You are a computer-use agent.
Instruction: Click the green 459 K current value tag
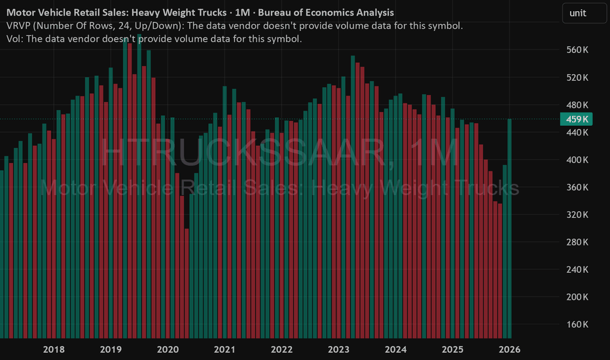tap(575, 119)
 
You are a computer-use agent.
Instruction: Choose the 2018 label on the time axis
tap(54, 350)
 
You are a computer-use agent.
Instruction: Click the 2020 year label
tap(168, 350)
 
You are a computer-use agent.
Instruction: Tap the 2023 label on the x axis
tap(338, 350)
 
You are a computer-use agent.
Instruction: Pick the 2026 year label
tap(509, 350)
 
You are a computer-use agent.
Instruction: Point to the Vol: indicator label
tap(16, 39)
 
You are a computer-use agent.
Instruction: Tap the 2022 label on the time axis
tap(281, 350)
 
